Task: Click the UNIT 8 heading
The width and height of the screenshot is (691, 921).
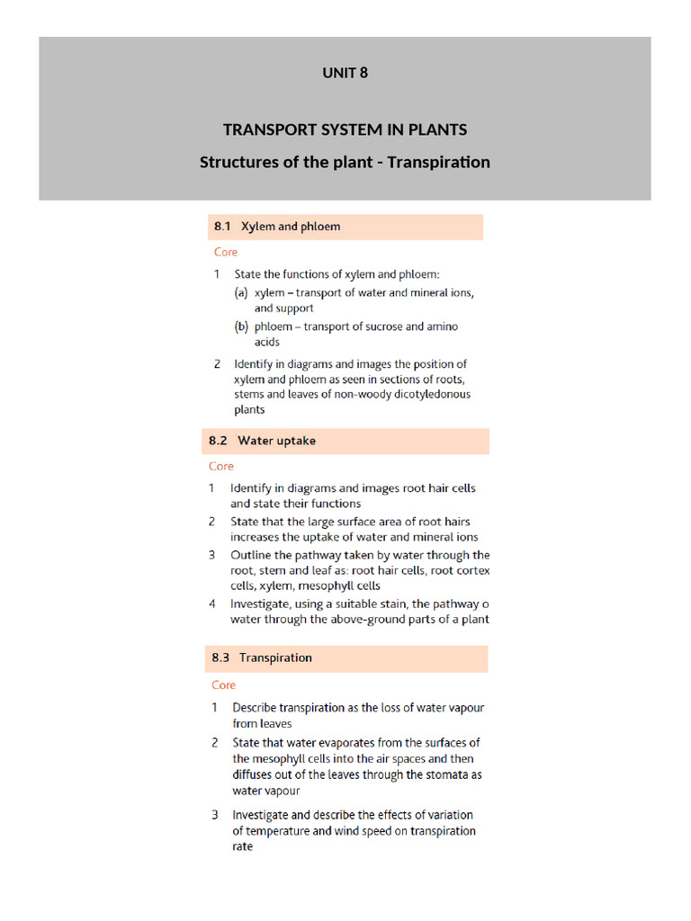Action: tap(345, 73)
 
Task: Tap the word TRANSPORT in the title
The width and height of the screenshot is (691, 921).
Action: tap(267, 130)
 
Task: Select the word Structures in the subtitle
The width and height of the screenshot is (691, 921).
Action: tap(238, 163)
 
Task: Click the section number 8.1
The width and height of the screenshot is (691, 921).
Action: tap(223, 227)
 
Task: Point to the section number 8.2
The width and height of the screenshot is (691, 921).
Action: tap(220, 441)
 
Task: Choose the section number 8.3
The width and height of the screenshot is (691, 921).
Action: tap(221, 657)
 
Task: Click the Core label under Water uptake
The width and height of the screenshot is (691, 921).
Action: tap(221, 466)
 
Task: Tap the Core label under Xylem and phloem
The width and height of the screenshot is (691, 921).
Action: tap(226, 252)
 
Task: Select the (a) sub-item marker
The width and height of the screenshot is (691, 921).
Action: tap(241, 292)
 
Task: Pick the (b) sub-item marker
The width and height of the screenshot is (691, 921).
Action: tap(241, 326)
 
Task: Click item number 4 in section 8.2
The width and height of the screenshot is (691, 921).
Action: tap(212, 604)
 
